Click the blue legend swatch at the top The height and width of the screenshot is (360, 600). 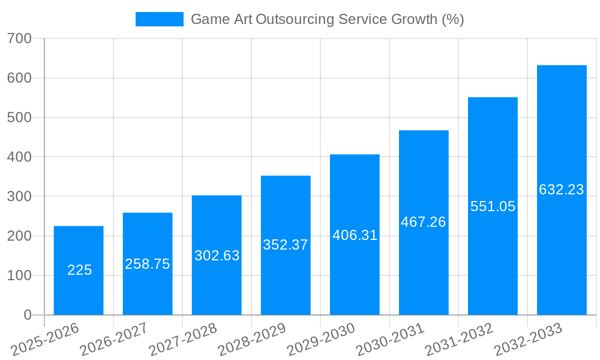pyautogui.click(x=159, y=19)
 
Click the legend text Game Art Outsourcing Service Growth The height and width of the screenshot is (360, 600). pyautogui.click(x=327, y=19)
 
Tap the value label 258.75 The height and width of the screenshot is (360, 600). pyautogui.click(x=148, y=264)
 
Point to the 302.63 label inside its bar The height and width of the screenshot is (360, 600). pyautogui.click(x=217, y=256)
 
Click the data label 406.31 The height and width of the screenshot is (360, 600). pyautogui.click(x=355, y=235)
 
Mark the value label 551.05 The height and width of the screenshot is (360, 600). pyautogui.click(x=493, y=206)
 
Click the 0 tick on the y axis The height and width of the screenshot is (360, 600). pyautogui.click(x=27, y=315)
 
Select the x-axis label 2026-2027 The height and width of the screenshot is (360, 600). pyautogui.click(x=114, y=339)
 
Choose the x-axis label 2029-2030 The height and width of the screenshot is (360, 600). pyautogui.click(x=321, y=339)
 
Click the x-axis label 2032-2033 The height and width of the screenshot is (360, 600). pyautogui.click(x=528, y=339)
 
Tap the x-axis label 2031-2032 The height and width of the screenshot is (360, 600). pyautogui.click(x=459, y=339)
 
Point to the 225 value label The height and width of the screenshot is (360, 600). pyautogui.click(x=79, y=270)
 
